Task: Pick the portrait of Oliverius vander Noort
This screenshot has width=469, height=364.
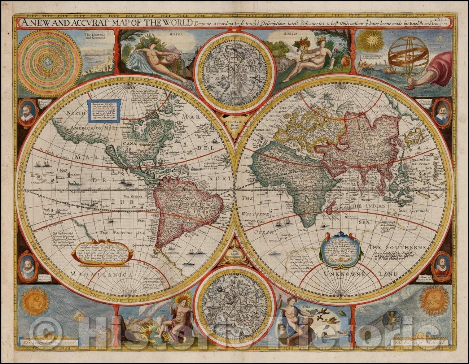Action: pos(441,264)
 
